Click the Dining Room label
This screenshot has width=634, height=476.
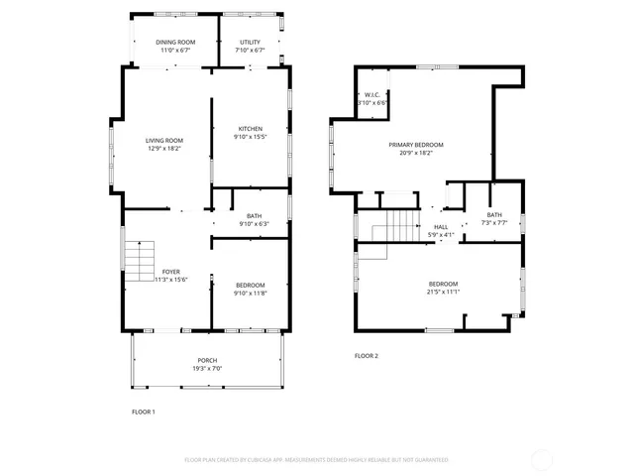175,42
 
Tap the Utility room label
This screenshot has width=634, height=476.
250,42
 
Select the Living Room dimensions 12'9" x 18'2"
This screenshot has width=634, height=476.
165,149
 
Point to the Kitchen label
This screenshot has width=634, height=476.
250,129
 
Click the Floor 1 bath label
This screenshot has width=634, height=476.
255,216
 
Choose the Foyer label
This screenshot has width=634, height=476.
171,271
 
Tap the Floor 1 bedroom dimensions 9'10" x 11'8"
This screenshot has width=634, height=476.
250,293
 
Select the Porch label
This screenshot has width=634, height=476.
207,360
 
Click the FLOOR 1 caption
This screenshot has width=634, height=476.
144,412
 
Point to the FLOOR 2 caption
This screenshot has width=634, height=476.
367,356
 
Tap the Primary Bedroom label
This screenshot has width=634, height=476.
422,145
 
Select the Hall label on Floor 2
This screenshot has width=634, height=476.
441,227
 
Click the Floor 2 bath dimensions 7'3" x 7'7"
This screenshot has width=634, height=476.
494,223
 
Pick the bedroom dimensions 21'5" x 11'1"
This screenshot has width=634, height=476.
443,292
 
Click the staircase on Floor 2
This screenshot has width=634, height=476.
394,225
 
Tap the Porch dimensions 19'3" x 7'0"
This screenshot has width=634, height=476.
207,368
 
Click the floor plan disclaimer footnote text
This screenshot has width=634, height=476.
317,460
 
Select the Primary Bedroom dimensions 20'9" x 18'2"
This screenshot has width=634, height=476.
422,153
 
